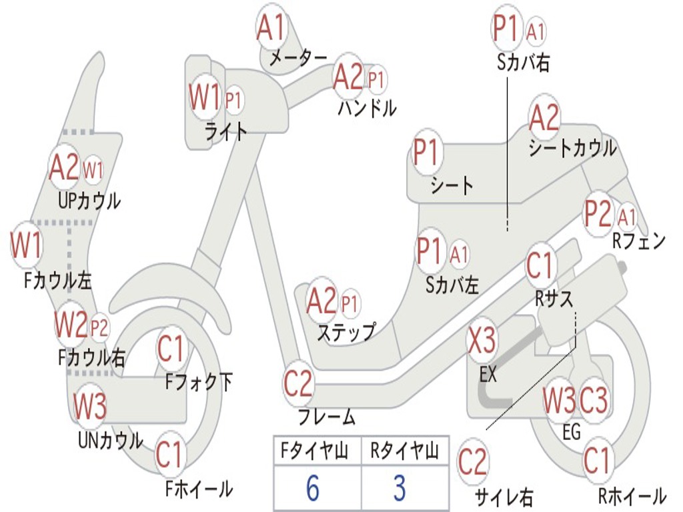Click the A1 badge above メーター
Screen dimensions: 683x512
click(x=271, y=29)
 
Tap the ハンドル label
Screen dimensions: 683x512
click(x=367, y=107)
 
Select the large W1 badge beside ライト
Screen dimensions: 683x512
click(x=204, y=99)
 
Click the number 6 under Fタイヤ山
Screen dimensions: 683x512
click(x=312, y=489)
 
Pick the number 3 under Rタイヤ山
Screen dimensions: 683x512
click(x=399, y=489)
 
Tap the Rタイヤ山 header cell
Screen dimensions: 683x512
click(x=404, y=452)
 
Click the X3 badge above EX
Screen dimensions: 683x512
click(x=482, y=341)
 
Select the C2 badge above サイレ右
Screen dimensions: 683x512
click(x=473, y=463)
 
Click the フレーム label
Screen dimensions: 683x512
click(x=327, y=418)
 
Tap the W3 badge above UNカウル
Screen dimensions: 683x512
click(x=90, y=406)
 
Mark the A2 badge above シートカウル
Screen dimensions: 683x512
click(x=544, y=119)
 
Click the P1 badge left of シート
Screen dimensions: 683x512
click(x=426, y=153)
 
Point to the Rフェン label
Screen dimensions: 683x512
click(x=639, y=241)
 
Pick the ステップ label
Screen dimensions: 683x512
click(x=346, y=332)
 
